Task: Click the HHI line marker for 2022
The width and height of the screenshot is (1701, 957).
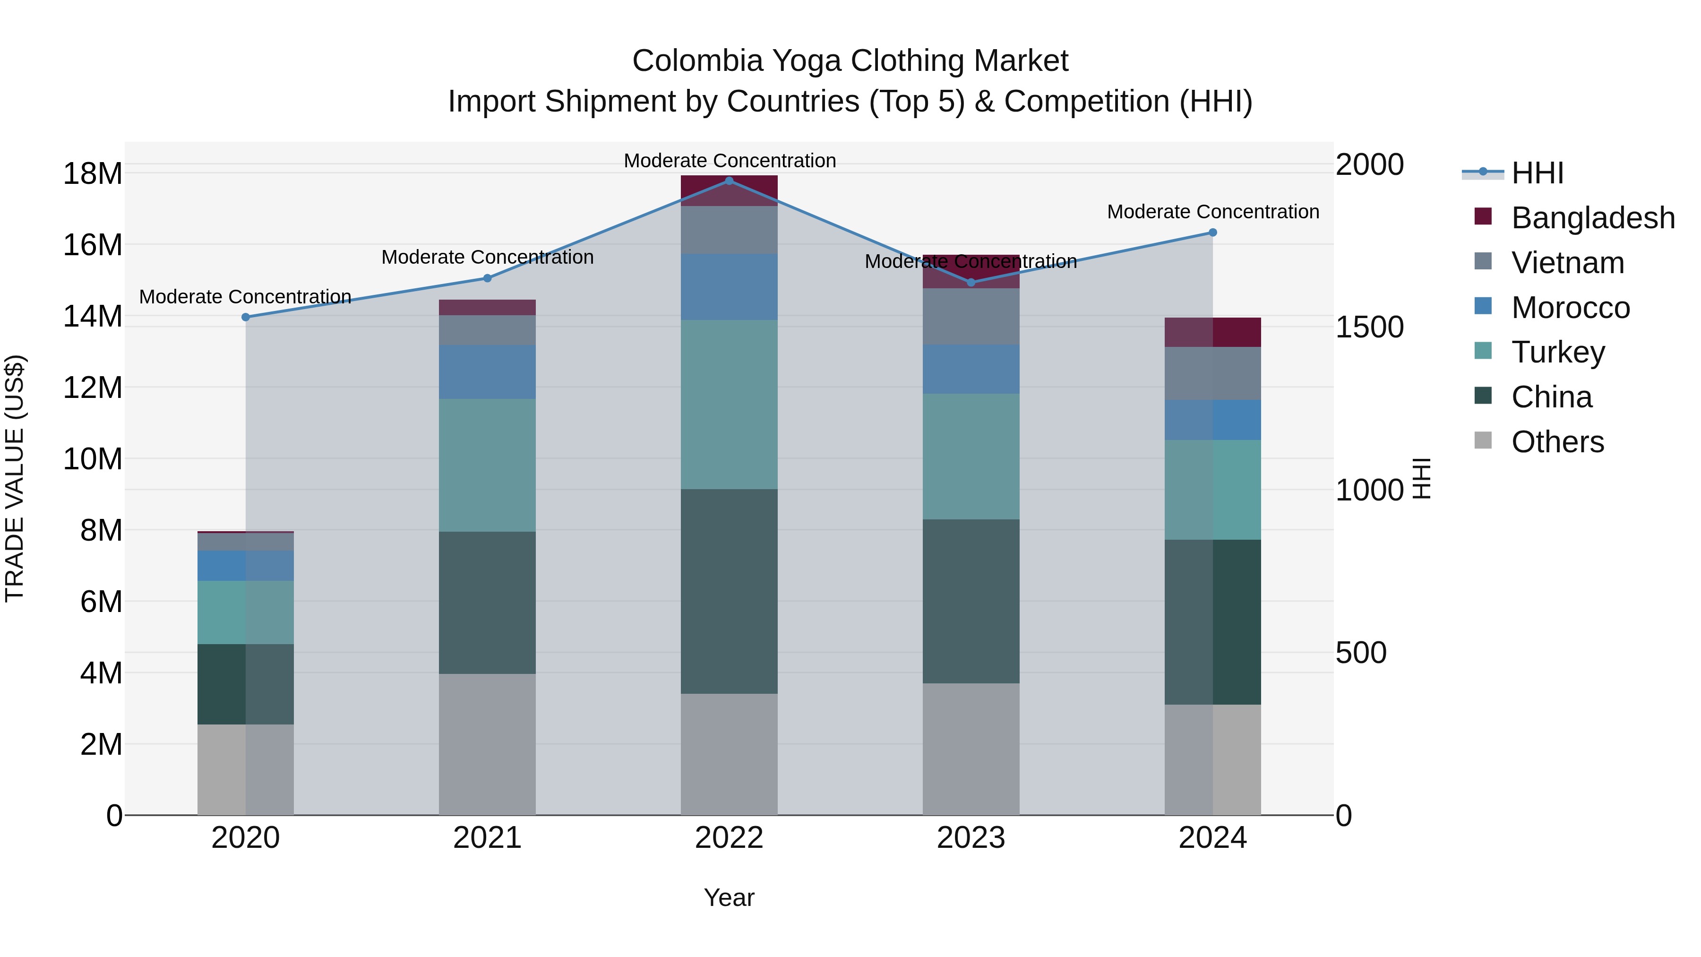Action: click(729, 181)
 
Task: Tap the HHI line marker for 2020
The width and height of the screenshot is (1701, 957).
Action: click(246, 317)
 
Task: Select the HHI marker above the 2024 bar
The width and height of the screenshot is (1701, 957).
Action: click(1212, 233)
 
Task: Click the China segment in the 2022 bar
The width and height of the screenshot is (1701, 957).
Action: click(729, 591)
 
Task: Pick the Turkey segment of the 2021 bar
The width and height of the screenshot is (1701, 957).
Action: click(487, 465)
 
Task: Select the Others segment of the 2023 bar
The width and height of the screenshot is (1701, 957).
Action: click(971, 749)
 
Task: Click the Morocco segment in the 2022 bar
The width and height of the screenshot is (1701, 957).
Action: click(729, 287)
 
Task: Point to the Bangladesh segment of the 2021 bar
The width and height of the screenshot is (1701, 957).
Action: click(487, 307)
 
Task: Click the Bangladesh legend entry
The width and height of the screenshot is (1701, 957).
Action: click(1592, 218)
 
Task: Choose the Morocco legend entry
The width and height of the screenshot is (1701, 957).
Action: click(1570, 308)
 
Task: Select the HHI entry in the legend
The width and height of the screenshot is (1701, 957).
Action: click(1537, 173)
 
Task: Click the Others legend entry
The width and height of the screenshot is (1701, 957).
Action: click(1557, 442)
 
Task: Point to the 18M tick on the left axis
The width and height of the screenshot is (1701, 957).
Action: click(93, 174)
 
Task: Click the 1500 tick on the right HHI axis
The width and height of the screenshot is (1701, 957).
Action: click(1369, 327)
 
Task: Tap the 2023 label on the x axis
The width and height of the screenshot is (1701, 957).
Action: click(971, 838)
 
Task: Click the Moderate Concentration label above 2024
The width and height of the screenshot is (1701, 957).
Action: click(1212, 212)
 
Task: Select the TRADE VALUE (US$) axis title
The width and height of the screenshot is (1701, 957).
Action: click(15, 478)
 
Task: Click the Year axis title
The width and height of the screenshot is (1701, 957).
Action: click(729, 897)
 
